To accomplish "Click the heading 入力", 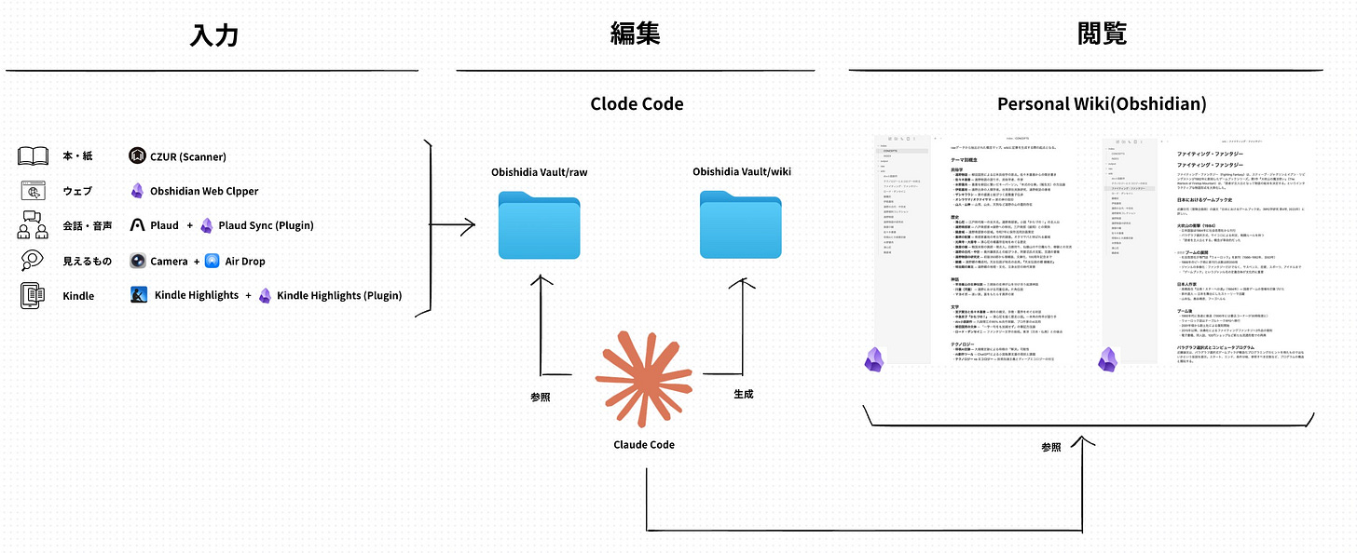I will click(x=213, y=36).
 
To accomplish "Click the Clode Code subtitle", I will click(x=637, y=103).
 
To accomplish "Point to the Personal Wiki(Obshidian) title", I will click(x=1102, y=103).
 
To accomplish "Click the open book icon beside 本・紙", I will click(x=34, y=155).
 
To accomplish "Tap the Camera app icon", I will click(x=138, y=261).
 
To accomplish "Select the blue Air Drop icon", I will click(x=212, y=261).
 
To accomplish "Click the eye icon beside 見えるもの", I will click(x=34, y=261).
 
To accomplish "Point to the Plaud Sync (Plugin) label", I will click(x=266, y=225).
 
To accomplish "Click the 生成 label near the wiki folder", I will click(x=743, y=394).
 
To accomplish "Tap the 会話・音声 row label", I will click(x=89, y=225).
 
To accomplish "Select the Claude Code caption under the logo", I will click(x=644, y=444).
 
